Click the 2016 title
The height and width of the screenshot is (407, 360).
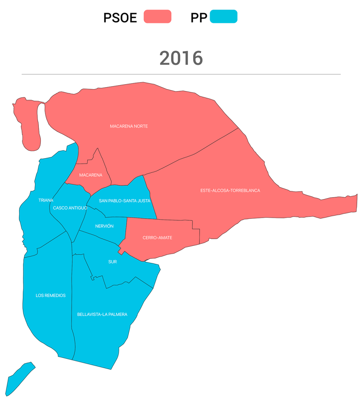click(x=181, y=58)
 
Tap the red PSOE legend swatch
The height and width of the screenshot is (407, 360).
click(x=157, y=17)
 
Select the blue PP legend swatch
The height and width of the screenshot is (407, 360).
click(x=224, y=17)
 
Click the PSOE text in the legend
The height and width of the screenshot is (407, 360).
click(x=120, y=18)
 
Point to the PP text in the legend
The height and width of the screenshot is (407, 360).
click(x=199, y=18)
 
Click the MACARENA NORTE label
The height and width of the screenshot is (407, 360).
click(x=129, y=126)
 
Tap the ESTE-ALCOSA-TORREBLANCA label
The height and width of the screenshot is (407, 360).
click(x=230, y=191)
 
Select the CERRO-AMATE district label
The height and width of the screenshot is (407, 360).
click(x=157, y=238)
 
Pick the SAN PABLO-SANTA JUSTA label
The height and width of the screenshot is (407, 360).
click(x=124, y=201)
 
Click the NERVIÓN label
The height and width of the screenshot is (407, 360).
click(x=104, y=226)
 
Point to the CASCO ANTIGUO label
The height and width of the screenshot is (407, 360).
click(x=70, y=208)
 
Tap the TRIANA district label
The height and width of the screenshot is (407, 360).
click(x=46, y=200)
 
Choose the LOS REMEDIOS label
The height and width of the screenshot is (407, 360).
click(x=50, y=295)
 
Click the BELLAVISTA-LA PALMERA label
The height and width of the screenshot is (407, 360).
click(x=102, y=315)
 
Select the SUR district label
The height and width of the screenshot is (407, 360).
click(x=112, y=262)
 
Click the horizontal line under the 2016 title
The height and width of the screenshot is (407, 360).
click(x=181, y=74)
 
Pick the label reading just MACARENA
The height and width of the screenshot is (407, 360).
click(x=90, y=175)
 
